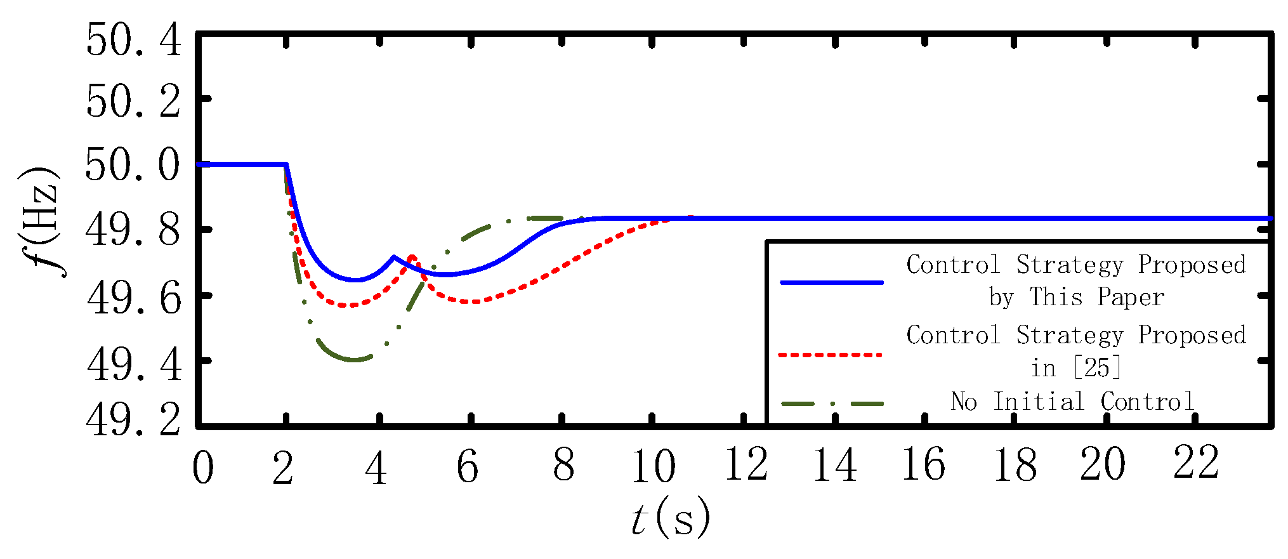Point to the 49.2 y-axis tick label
pyautogui.click(x=133, y=419)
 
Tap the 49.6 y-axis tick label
pyautogui.click(x=133, y=298)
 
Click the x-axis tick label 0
pyautogui.click(x=203, y=468)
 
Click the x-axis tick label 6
pyautogui.click(x=468, y=468)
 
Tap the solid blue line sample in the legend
pyautogui.click(x=831, y=282)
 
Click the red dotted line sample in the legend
pyautogui.click(x=831, y=355)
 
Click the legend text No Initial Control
pyautogui.click(x=1072, y=402)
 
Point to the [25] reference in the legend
pyautogui.click(x=1097, y=368)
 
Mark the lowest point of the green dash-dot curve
pyautogui.click(x=353, y=360)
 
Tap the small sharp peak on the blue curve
pyautogui.click(x=393, y=257)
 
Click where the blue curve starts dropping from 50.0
pyautogui.click(x=286, y=164)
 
